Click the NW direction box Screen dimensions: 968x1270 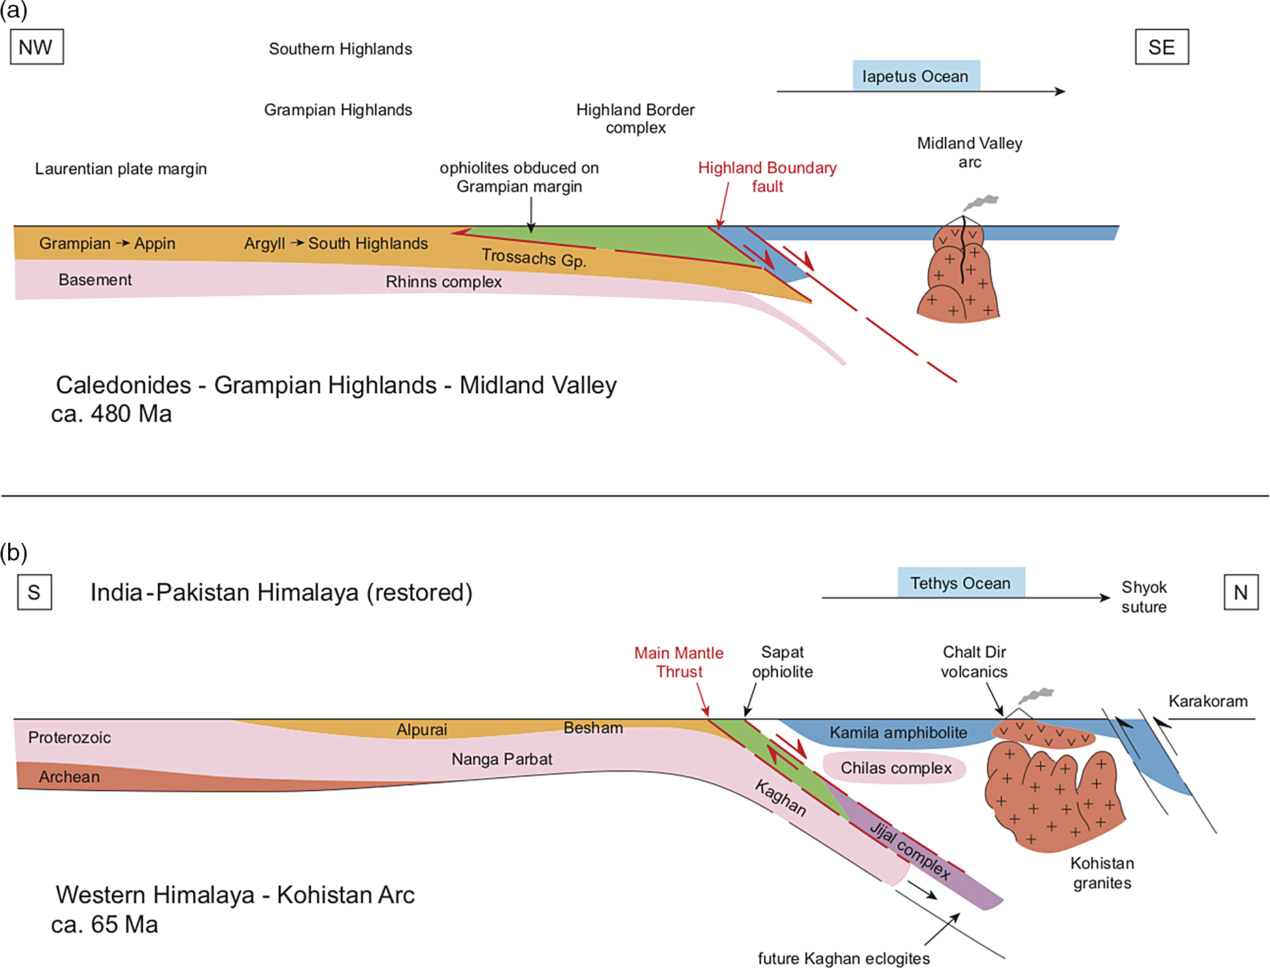point(37,47)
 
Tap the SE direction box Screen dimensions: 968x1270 point(1161,47)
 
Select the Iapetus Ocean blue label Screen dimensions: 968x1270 point(916,76)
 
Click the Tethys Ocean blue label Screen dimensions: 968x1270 point(960,583)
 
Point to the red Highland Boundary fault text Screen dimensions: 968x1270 point(767,177)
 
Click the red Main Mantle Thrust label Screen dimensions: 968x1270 point(678,662)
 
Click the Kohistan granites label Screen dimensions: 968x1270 point(1102,873)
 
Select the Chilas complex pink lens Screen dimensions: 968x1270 point(895,768)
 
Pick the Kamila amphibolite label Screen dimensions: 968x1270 point(898,733)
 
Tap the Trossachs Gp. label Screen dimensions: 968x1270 point(533,258)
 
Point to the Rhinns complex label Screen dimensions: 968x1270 point(444,282)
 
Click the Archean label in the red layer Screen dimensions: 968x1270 point(69,777)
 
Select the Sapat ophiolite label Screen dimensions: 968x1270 point(782,662)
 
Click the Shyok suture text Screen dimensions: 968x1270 point(1143,597)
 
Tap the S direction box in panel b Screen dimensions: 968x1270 point(34,593)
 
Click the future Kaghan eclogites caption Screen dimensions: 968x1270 point(843,958)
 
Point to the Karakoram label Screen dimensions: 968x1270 point(1207,701)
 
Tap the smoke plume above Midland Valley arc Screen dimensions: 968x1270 point(982,202)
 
